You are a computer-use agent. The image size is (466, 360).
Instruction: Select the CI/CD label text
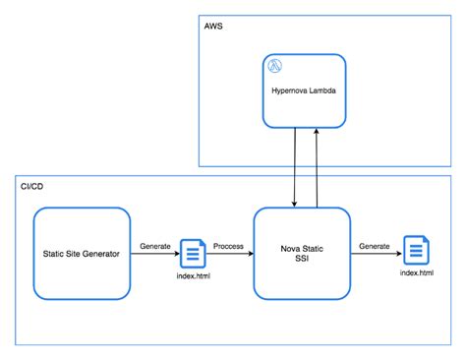point(33,185)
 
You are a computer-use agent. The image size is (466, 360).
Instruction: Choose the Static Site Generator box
point(82,254)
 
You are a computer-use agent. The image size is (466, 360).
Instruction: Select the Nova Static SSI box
point(303,254)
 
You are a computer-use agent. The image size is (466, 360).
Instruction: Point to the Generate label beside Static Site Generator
point(157,245)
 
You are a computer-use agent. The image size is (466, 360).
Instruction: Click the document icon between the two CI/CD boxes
point(193,254)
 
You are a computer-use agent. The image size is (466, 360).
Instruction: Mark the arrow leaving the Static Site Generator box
point(156,255)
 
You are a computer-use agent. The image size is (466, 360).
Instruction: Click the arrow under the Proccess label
point(228,255)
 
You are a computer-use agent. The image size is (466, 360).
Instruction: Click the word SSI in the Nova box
point(303,261)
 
